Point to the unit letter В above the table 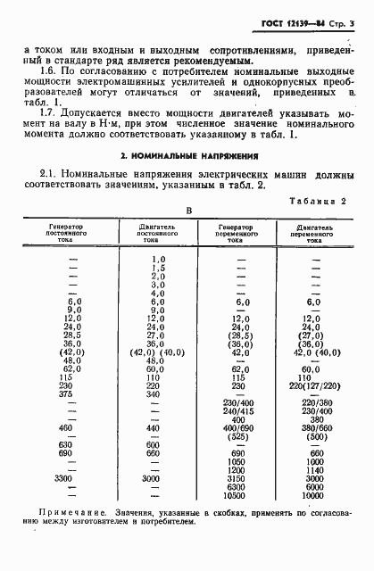click(188, 211)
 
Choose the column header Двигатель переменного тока click(312, 233)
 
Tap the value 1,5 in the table click(159, 268)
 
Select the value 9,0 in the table click(158, 310)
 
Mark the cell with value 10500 click(237, 495)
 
